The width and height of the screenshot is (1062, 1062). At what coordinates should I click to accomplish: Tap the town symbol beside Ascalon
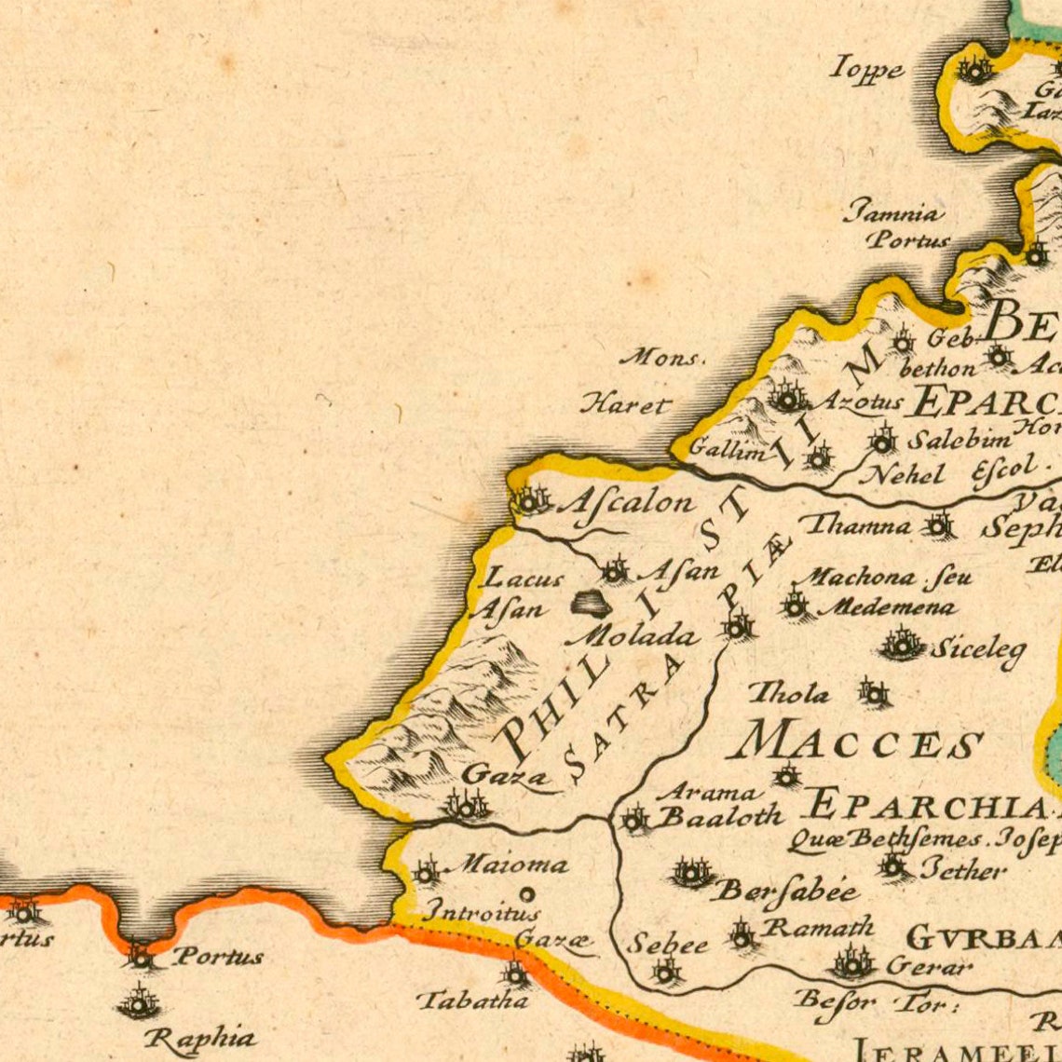(x=529, y=501)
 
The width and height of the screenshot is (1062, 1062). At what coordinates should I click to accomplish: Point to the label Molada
(x=632, y=637)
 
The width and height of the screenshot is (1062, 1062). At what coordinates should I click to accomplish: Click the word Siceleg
(x=977, y=647)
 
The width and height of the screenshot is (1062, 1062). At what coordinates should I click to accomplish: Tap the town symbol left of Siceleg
(x=901, y=643)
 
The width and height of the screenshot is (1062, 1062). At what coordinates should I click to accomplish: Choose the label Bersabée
(x=785, y=892)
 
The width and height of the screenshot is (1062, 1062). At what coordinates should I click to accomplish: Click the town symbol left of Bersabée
(x=690, y=873)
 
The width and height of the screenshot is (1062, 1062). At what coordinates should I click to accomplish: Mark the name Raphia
(x=200, y=1037)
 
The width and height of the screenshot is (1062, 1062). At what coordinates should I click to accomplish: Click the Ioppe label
(x=867, y=69)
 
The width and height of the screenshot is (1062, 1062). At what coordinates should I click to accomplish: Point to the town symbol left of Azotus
(x=788, y=399)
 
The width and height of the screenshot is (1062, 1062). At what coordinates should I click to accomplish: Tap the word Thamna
(x=857, y=525)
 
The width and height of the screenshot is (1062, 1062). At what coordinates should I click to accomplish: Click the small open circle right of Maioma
(x=526, y=894)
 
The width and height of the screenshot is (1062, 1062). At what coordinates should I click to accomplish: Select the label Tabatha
(x=472, y=1001)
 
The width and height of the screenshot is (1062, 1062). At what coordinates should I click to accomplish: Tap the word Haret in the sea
(x=625, y=404)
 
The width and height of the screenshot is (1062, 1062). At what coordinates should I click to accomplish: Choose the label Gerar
(x=929, y=966)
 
